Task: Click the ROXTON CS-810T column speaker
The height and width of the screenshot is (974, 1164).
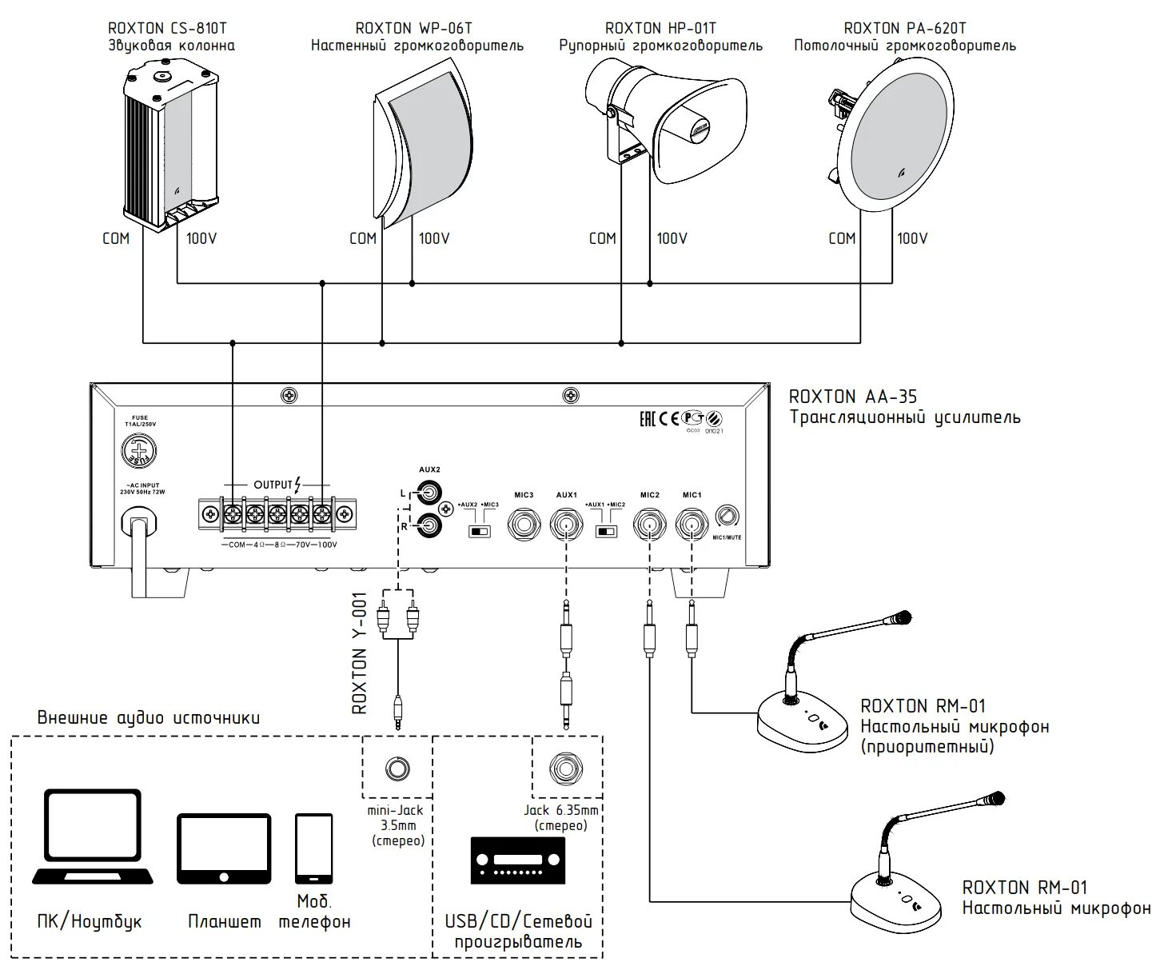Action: click(170, 149)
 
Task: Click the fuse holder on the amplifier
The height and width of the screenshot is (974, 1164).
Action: click(138, 452)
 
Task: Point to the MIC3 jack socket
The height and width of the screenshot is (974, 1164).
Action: click(524, 525)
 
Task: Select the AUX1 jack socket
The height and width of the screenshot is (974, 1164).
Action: click(566, 525)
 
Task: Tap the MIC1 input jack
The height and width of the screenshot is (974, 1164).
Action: click(692, 525)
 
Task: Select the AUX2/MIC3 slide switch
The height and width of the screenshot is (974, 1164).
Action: click(480, 531)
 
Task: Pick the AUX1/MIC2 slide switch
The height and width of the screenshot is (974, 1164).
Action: click(606, 531)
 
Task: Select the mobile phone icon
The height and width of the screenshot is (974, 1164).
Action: click(313, 848)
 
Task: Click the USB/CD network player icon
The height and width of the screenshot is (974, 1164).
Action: click(517, 860)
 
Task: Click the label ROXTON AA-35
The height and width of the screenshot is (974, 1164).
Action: click(853, 397)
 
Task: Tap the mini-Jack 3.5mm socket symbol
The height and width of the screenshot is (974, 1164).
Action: click(397, 768)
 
